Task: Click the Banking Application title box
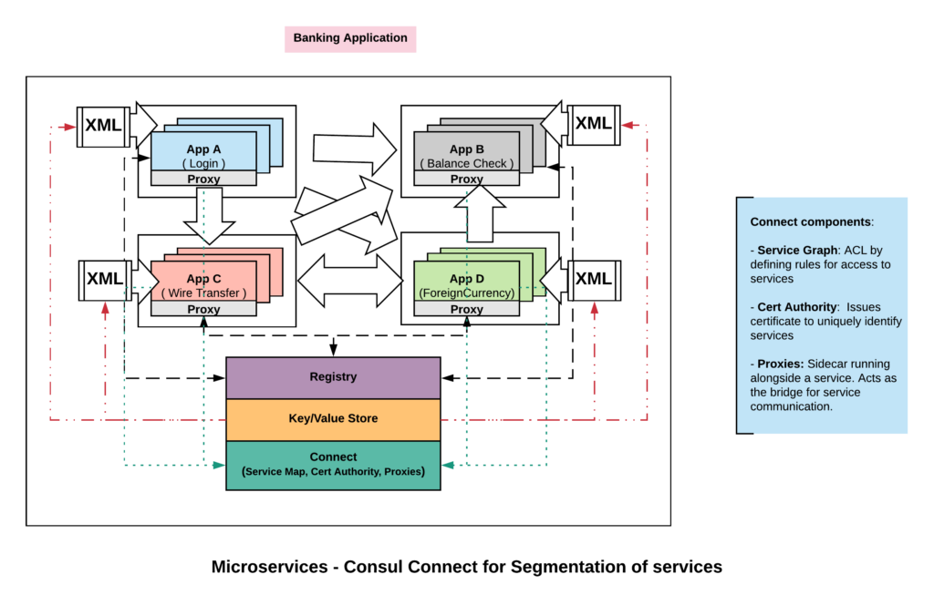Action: [x=350, y=39]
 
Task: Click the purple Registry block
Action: [x=333, y=377]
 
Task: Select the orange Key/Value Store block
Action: [x=333, y=419]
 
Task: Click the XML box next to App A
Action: [x=102, y=126]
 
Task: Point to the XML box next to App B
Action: [x=594, y=124]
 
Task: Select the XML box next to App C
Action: [x=104, y=279]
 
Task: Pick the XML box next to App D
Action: [x=594, y=279]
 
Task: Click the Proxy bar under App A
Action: [x=203, y=179]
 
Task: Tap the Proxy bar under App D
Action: [x=466, y=309]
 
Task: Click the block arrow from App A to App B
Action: [x=354, y=149]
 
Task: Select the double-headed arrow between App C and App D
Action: [x=350, y=281]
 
